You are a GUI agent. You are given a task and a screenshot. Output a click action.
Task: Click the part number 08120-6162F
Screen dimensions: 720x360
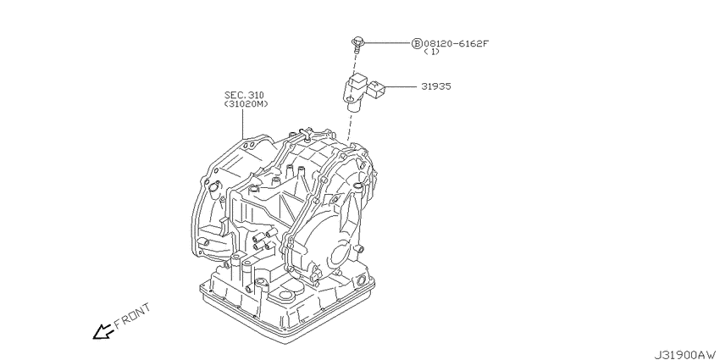pos(456,43)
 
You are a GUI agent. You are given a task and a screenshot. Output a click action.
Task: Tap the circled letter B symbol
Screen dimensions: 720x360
pos(417,43)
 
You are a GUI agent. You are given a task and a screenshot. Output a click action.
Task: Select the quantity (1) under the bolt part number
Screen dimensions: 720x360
pos(432,52)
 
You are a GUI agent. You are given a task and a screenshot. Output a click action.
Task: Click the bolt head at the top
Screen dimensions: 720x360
pos(357,42)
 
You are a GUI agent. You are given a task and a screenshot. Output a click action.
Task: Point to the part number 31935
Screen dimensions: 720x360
pos(435,86)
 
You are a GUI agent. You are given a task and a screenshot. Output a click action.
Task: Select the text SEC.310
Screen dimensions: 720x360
pos(244,95)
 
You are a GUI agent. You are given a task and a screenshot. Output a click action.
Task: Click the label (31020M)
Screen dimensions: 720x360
pos(246,104)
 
